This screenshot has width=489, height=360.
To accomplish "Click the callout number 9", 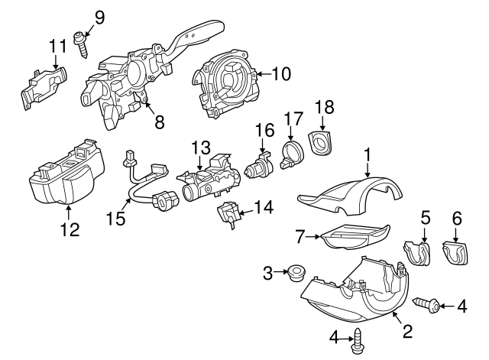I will click(x=99, y=15).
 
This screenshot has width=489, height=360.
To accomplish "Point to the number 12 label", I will click(x=70, y=229).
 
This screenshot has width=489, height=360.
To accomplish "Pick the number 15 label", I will click(x=117, y=219).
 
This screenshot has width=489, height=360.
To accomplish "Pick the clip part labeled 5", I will click(x=417, y=252).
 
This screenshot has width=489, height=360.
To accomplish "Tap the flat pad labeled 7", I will click(x=351, y=238).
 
